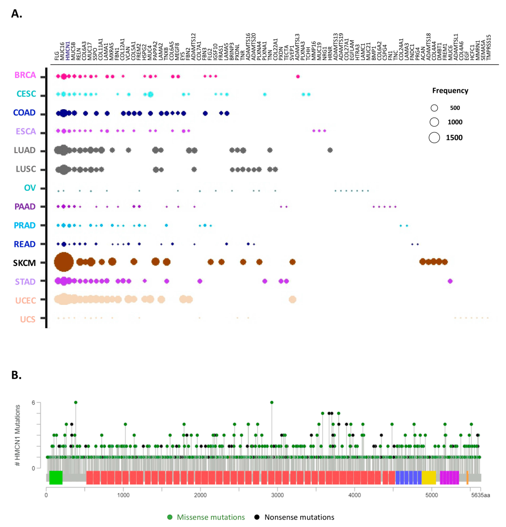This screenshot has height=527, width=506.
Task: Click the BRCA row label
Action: pyautogui.click(x=25, y=75)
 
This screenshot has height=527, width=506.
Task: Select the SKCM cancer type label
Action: pyautogui.click(x=24, y=263)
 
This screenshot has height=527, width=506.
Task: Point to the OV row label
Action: pyautogui.click(x=30, y=188)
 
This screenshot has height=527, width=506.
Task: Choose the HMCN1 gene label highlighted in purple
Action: pyautogui.click(x=68, y=51)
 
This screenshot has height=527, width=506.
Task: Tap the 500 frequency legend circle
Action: pyautogui.click(x=434, y=108)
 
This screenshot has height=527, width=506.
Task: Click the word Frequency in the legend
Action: pyautogui.click(x=450, y=91)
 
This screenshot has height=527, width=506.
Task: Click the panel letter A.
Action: pyautogui.click(x=16, y=13)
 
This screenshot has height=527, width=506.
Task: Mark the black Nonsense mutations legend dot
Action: pyautogui.click(x=257, y=517)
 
